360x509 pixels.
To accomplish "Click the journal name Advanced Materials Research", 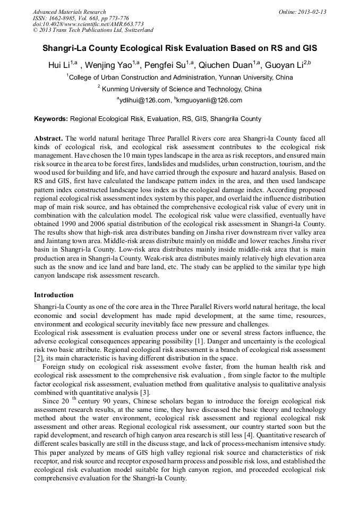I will click(x=69, y=12).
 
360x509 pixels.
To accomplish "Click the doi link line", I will click(x=88, y=24).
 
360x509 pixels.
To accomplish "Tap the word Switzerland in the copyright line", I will click(x=135, y=31).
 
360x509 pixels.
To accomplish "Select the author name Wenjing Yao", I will click(x=110, y=65).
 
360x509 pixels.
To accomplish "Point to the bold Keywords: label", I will click(x=51, y=119).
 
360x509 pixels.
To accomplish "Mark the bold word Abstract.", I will click(x=48, y=139).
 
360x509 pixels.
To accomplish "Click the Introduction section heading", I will click(x=54, y=295).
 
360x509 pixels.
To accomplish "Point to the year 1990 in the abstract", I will click(x=70, y=224).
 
